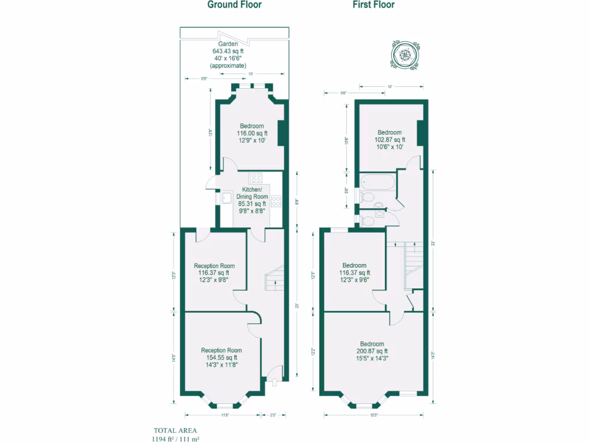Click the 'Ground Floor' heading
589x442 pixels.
(x=234, y=5)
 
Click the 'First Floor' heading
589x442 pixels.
(x=373, y=5)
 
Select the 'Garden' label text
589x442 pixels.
(x=228, y=44)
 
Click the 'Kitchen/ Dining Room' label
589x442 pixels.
(x=252, y=193)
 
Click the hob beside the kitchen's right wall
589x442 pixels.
(x=276, y=201)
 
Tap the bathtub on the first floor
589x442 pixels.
(x=377, y=183)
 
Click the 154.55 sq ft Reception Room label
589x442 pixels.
(x=221, y=357)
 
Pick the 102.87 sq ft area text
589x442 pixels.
(x=389, y=139)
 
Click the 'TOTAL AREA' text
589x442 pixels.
(x=175, y=430)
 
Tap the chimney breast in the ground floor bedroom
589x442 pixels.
(x=282, y=134)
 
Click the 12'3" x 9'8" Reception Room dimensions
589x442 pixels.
(x=213, y=280)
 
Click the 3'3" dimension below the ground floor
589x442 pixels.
(x=273, y=414)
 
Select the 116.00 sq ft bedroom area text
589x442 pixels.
(x=252, y=133)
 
